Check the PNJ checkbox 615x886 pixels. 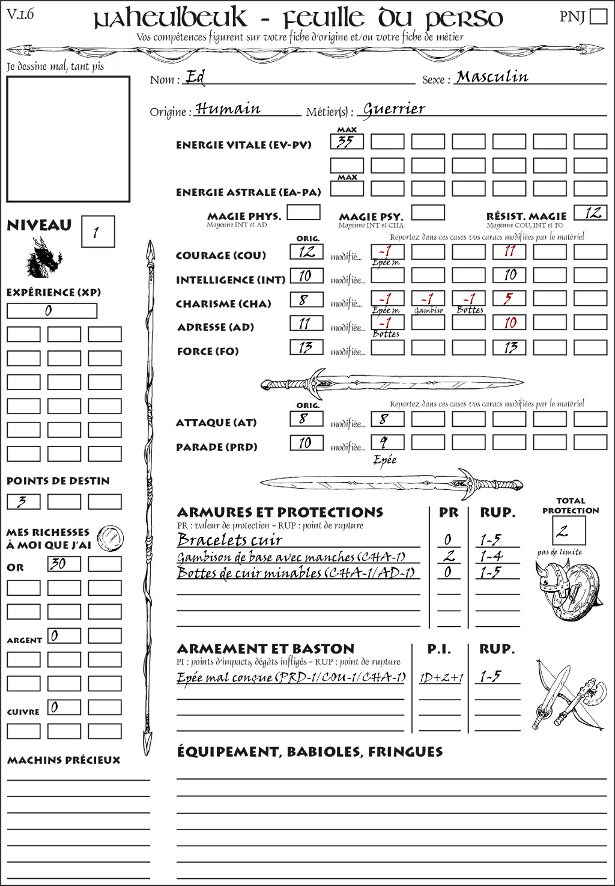598,16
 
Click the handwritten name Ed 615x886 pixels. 195,77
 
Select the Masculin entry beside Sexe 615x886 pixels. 492,77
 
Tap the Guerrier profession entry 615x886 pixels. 394,109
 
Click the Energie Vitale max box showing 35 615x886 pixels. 347,142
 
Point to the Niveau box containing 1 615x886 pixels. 97,231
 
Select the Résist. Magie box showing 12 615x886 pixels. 590,213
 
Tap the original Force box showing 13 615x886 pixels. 306,347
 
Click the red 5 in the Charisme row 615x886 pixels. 509,299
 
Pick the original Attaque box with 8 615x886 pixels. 306,418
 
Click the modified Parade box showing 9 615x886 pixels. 387,442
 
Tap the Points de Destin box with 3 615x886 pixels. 23,501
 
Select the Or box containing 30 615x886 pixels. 64,564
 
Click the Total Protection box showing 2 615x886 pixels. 568,530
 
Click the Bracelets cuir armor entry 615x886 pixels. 230,540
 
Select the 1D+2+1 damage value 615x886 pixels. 441,677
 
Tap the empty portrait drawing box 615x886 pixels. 68,139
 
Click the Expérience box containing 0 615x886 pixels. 52,311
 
